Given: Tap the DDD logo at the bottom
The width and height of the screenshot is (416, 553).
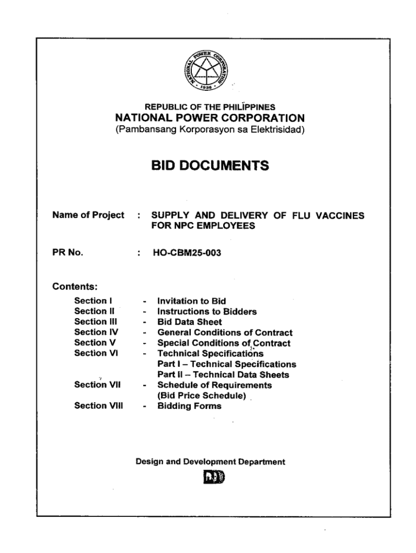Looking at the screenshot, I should [210, 478].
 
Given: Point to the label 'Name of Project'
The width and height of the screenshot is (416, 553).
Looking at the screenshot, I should [88, 215].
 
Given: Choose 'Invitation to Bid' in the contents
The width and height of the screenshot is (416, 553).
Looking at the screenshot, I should [191, 301].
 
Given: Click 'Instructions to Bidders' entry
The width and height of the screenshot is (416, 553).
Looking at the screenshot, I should [207, 312].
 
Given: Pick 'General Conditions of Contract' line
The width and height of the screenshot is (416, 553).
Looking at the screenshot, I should [225, 333].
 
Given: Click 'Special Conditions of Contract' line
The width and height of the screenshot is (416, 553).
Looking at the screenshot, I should [224, 343].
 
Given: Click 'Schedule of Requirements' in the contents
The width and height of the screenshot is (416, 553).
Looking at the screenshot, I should [214, 385].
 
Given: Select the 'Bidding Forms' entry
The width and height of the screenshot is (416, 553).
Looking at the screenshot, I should [189, 406].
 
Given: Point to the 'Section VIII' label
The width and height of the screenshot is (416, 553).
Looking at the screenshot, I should [98, 406].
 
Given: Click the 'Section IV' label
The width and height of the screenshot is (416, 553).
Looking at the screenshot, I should [96, 333].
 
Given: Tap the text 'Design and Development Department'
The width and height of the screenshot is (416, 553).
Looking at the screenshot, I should [210, 462].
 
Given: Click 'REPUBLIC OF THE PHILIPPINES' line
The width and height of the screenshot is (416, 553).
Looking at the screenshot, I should [210, 107].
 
